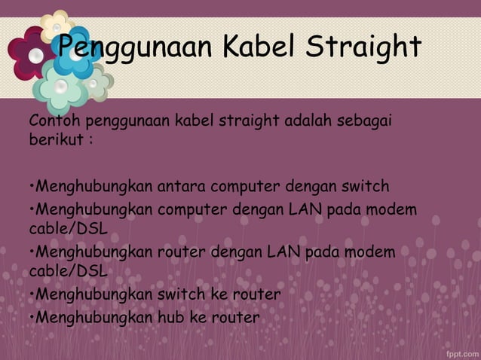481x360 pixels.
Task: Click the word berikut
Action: point(56,141)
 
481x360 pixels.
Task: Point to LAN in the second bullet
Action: point(305,208)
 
